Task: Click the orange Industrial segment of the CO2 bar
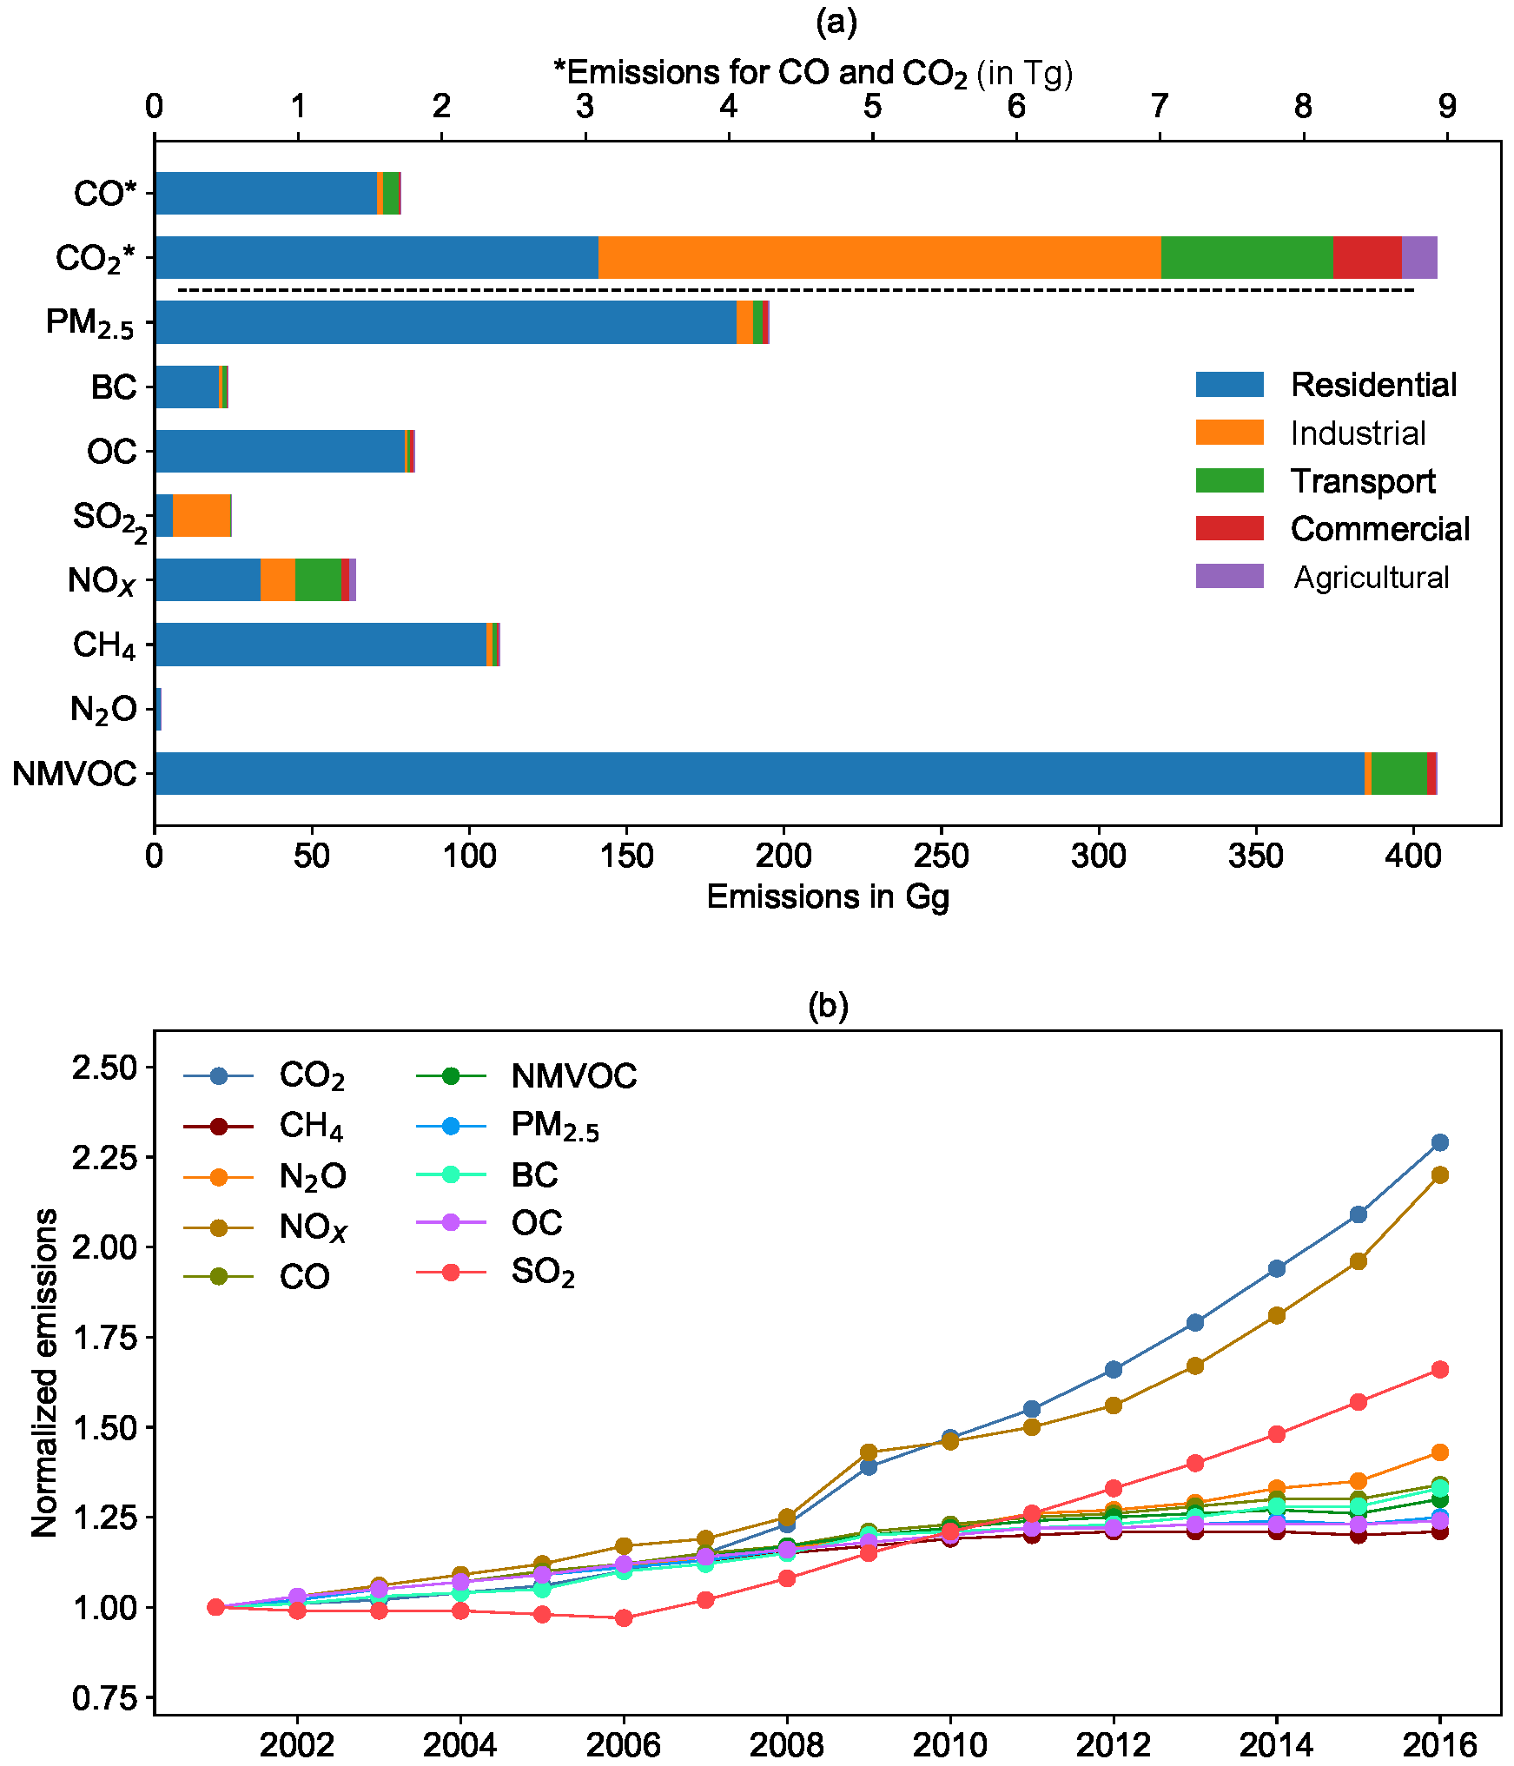pos(879,257)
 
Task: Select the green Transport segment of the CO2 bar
pos(1246,257)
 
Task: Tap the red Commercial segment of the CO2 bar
pos(1367,257)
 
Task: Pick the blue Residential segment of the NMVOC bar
pos(759,773)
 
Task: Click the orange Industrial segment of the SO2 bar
pos(202,515)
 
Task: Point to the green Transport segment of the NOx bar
pos(319,579)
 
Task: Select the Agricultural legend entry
pos(1371,577)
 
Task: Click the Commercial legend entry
pos(1379,528)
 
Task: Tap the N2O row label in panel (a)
pos(103,710)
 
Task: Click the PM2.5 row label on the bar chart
pos(90,323)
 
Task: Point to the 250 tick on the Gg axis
pos(941,857)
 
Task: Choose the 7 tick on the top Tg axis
pos(1160,106)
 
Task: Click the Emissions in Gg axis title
pos(828,896)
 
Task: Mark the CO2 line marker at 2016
pos(1439,1142)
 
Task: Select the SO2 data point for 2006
pos(624,1617)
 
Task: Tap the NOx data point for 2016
pos(1439,1175)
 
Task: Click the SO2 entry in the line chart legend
pos(543,1272)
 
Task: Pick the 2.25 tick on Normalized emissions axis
pos(105,1157)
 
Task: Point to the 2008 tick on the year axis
pos(786,1744)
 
